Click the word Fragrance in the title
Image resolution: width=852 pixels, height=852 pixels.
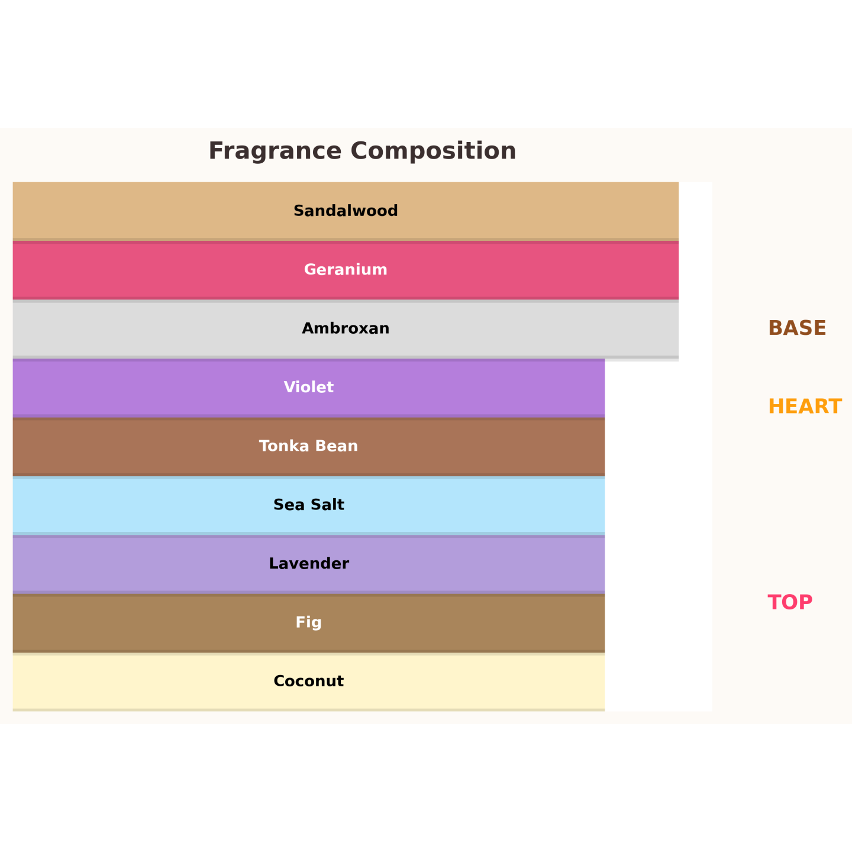click(x=275, y=151)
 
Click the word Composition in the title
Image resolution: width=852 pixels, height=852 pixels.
click(x=433, y=151)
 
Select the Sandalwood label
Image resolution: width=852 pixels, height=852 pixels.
click(x=346, y=211)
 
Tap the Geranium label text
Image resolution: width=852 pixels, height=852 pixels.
click(x=346, y=270)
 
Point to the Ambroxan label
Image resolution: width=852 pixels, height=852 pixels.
click(x=346, y=328)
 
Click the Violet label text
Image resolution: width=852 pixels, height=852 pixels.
click(x=309, y=388)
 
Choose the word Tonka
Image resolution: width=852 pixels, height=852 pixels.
click(x=284, y=446)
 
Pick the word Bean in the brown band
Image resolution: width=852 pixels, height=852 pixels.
click(x=337, y=446)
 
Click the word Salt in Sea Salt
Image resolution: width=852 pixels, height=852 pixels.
click(x=327, y=505)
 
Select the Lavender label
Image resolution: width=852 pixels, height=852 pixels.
click(x=309, y=564)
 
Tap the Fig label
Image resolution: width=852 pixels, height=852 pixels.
click(x=309, y=622)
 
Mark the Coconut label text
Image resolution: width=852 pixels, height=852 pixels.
click(x=309, y=682)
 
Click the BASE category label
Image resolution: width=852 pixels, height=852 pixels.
click(x=797, y=328)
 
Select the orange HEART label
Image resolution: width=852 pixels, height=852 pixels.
click(x=805, y=406)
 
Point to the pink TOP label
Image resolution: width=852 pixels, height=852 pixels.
click(x=790, y=603)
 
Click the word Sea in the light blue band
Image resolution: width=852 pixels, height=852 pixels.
click(x=289, y=505)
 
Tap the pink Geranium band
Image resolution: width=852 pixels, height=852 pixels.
click(x=346, y=270)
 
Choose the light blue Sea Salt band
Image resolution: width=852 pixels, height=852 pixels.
click(x=309, y=505)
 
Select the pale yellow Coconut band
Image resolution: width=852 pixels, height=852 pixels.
click(x=309, y=682)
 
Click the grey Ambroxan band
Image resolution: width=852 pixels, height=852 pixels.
click(x=346, y=329)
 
